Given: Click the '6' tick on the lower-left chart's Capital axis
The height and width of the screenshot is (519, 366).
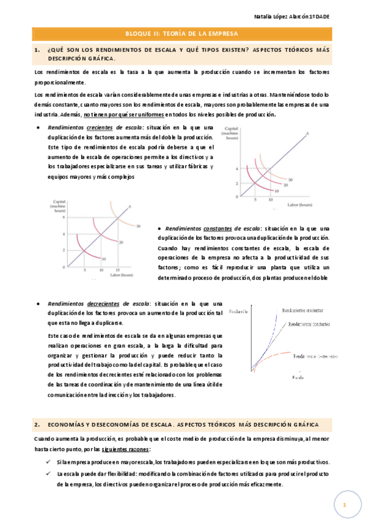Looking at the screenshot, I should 62,217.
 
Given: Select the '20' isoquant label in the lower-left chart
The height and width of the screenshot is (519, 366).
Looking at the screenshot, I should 122,242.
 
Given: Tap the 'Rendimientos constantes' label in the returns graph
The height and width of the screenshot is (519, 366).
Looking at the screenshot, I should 309,324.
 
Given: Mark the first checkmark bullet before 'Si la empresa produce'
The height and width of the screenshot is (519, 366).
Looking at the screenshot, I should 48,461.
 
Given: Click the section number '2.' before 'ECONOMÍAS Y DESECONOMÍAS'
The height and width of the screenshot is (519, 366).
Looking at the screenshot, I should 38,424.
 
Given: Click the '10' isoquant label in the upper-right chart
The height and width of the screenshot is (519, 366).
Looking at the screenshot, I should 277,192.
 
